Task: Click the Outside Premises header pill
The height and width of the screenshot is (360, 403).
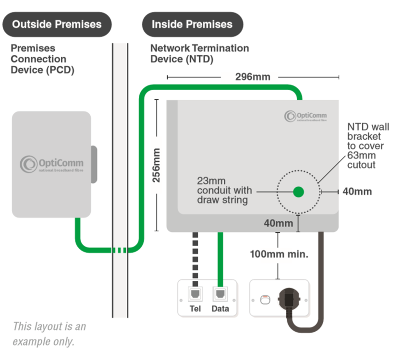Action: coord(57,24)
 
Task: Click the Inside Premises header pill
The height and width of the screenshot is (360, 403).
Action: coord(192,24)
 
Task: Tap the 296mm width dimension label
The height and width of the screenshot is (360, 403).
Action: coord(253,77)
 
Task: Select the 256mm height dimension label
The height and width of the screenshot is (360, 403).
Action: coord(156,166)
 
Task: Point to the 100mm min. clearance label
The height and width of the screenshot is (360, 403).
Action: coord(279,254)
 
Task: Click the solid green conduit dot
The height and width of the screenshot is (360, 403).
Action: coord(299,192)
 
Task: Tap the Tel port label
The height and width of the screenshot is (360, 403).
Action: coord(195,309)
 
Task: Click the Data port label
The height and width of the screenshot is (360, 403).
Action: coord(220,309)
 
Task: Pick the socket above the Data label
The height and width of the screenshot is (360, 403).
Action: coord(220,293)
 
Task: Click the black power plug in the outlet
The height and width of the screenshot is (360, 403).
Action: coord(290,298)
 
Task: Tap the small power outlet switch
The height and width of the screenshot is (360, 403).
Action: coord(264,300)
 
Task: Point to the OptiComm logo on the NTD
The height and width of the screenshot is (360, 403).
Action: coord(307,116)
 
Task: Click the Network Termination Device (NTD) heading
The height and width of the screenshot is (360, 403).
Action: coord(199,54)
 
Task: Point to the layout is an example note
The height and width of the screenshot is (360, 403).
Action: coord(49,334)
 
